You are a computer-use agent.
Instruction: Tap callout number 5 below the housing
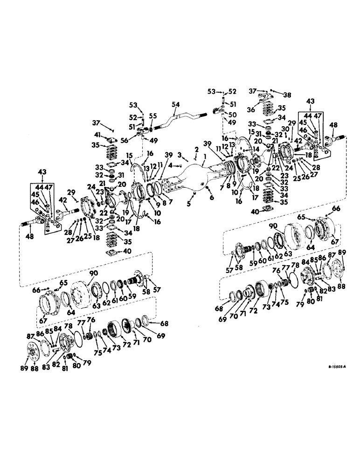click(x=188, y=204)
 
